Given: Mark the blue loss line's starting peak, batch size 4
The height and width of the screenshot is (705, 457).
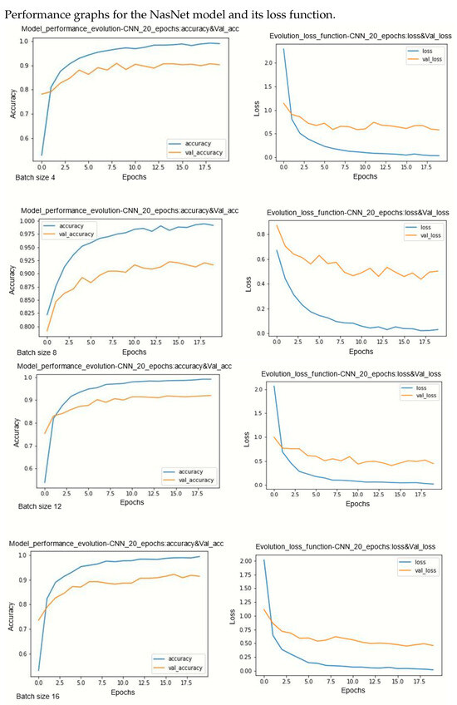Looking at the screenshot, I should [x=283, y=49].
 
